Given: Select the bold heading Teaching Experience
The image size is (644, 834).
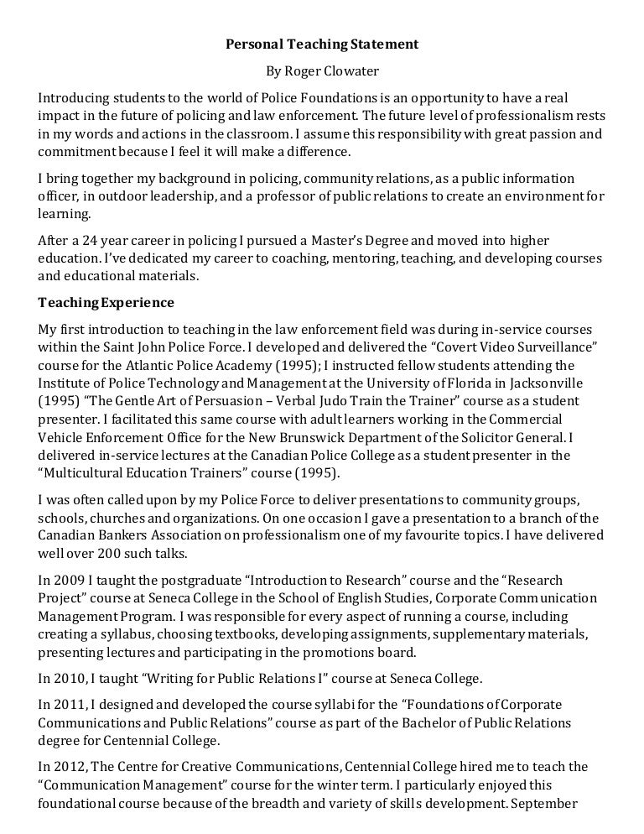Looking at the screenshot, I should [x=106, y=302].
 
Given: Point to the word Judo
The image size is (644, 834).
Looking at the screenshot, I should [x=352, y=401].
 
